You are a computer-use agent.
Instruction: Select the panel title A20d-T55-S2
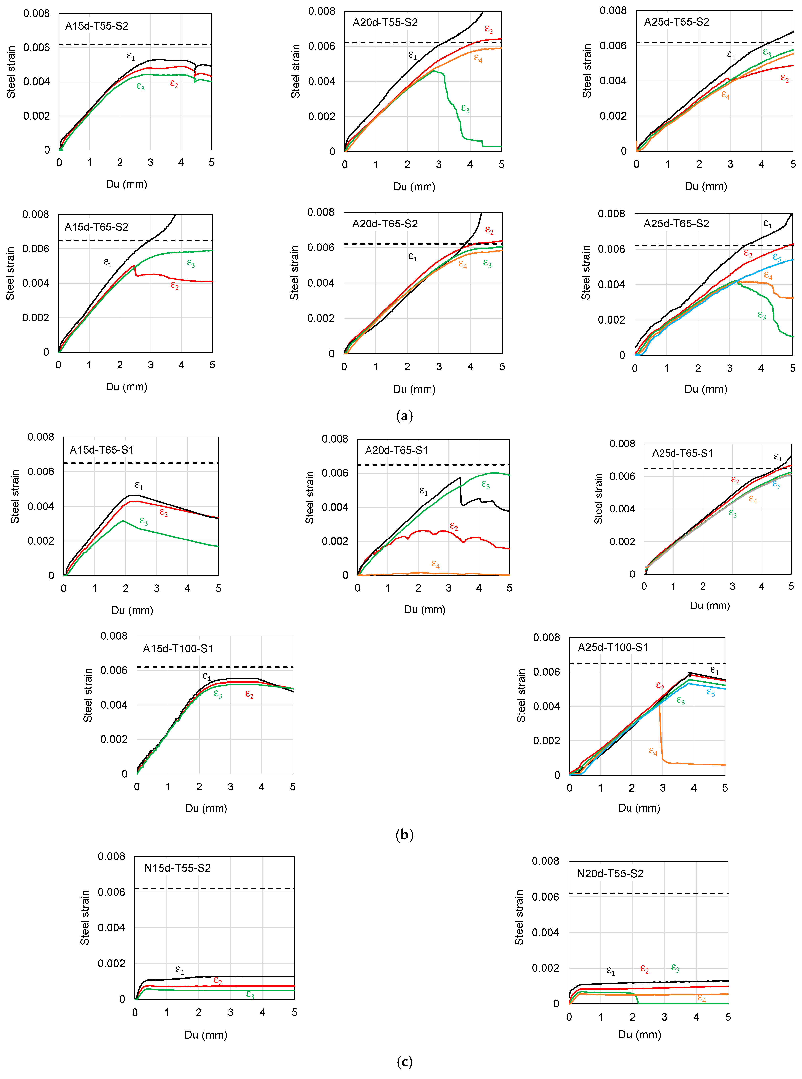click(385, 22)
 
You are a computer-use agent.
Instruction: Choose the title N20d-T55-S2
click(610, 874)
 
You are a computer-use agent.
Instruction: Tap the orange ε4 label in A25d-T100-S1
click(653, 751)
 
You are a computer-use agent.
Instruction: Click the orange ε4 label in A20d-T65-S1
click(435, 564)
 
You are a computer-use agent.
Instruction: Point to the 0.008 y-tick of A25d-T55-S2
click(613, 11)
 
